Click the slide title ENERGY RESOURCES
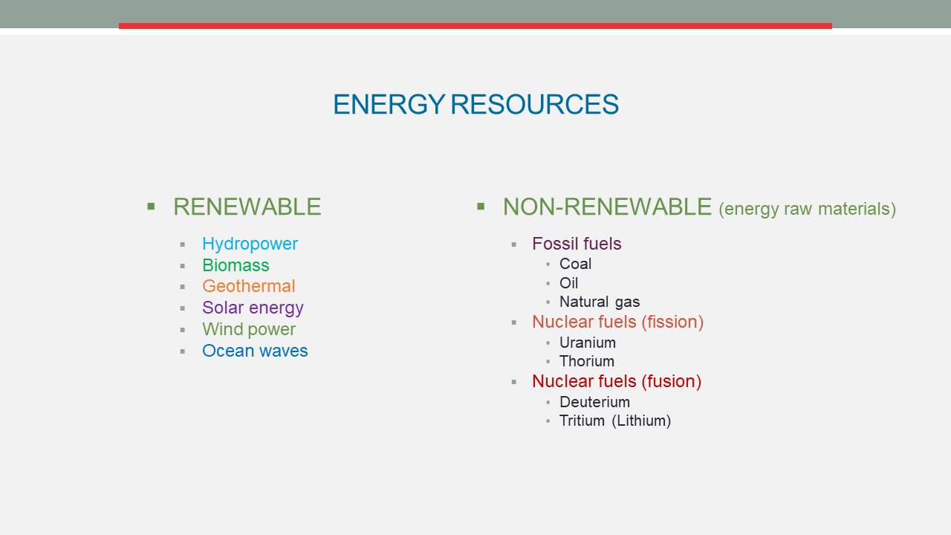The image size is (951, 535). click(x=476, y=105)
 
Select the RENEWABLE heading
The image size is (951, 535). click(x=247, y=207)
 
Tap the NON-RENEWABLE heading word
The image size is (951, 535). click(x=607, y=207)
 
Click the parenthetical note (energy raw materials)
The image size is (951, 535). click(x=807, y=209)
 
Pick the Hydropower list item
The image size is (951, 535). click(x=250, y=244)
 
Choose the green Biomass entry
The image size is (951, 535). click(x=236, y=265)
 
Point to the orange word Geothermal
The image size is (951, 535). click(x=249, y=286)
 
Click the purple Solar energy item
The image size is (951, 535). click(x=253, y=308)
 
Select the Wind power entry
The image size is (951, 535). click(x=249, y=329)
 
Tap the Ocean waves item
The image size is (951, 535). click(x=255, y=351)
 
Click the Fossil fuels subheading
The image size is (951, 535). click(x=577, y=244)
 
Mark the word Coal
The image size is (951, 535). click(x=575, y=264)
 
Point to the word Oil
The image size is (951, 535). click(x=569, y=283)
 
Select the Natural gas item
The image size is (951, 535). click(x=600, y=302)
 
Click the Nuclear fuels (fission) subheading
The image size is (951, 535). click(x=617, y=322)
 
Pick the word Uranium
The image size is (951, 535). click(x=588, y=343)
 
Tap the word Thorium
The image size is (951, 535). click(x=587, y=361)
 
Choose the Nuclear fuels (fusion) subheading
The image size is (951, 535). click(x=617, y=382)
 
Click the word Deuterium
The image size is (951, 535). click(x=594, y=402)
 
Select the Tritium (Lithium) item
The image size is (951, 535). click(x=615, y=421)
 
